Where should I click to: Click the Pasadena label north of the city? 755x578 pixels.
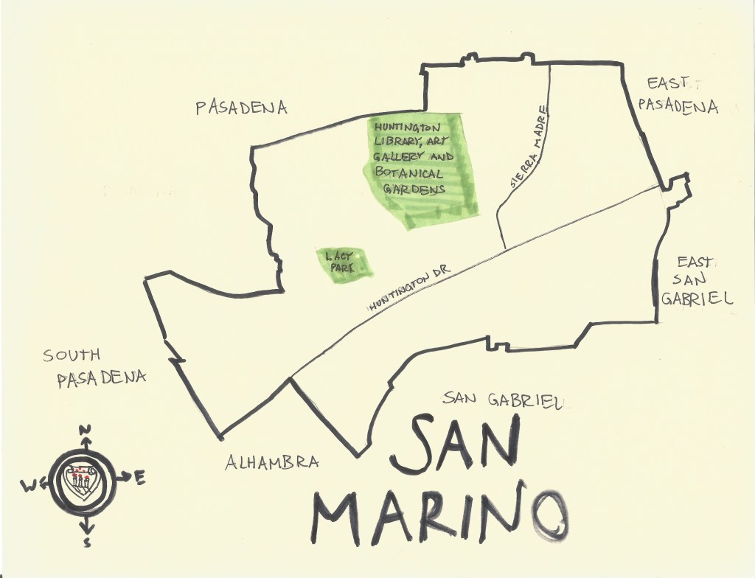[x=241, y=108]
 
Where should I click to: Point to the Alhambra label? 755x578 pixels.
[x=272, y=463]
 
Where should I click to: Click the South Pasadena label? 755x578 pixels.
[x=94, y=367]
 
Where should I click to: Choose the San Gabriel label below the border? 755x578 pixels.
[x=503, y=400]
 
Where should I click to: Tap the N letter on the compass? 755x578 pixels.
[x=85, y=431]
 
